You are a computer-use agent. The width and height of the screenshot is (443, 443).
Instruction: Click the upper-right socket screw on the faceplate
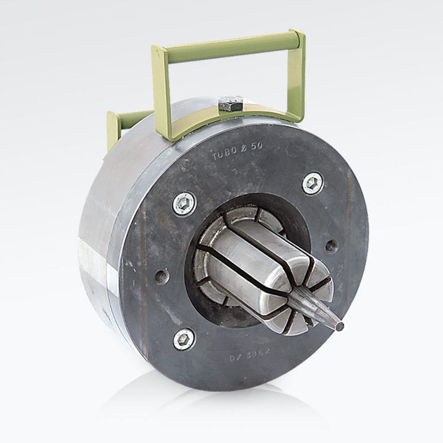[x=312, y=183]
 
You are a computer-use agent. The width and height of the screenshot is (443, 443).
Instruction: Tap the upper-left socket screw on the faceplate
[x=184, y=204]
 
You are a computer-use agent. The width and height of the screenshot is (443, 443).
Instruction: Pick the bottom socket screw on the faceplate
[x=184, y=338]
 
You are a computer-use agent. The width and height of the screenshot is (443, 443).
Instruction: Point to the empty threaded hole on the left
[x=161, y=276]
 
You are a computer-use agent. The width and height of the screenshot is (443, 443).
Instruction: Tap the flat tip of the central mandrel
[x=338, y=324]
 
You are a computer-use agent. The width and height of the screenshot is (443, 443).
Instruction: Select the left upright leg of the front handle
[x=161, y=93]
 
